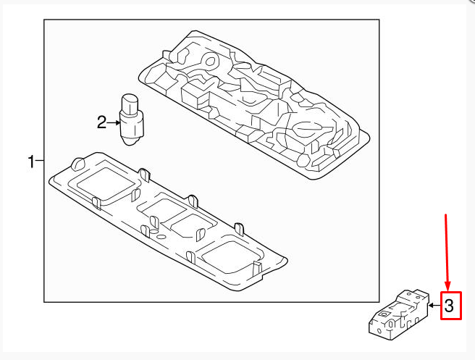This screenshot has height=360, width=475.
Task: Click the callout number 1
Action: [31, 162]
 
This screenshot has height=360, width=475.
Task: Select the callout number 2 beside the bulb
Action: [102, 122]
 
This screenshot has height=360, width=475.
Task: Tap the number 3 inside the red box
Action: [449, 306]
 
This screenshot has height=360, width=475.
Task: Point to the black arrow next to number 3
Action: [434, 305]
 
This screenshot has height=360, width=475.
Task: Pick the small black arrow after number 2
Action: [114, 122]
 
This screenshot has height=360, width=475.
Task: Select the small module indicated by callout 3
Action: [399, 314]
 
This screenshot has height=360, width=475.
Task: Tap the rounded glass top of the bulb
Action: [130, 104]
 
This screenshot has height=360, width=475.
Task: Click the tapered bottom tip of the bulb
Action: [132, 141]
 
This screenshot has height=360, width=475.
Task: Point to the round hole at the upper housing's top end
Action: [210, 62]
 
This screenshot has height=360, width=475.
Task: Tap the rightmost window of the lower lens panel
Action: [231, 255]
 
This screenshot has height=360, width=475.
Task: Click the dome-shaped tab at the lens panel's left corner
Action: [78, 164]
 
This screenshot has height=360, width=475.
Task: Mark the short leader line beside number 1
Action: [40, 160]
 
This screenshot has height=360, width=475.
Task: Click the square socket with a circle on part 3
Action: [385, 314]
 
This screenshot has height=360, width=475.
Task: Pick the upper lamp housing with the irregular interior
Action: [254, 104]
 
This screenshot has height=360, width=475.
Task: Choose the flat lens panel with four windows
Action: [168, 221]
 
